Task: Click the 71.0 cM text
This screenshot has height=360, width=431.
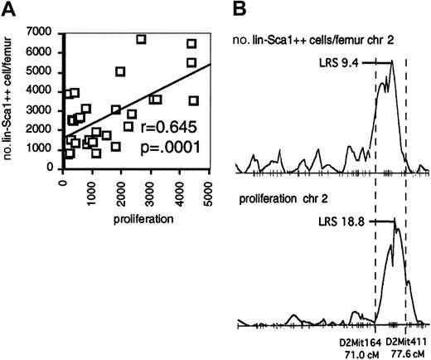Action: [360, 353]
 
